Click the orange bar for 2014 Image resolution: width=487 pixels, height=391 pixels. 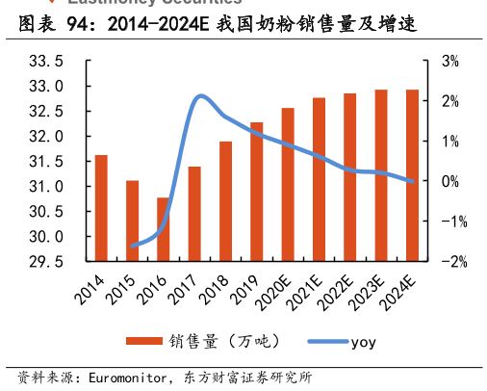click(101, 207)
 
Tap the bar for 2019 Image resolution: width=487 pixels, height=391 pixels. click(257, 192)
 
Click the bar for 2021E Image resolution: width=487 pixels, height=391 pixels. click(319, 179)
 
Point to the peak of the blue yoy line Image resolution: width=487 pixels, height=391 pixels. click(200, 96)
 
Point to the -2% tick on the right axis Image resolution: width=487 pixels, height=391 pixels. click(448, 261)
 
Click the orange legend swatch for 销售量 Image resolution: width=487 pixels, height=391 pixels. click(143, 341)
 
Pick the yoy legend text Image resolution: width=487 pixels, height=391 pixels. click(363, 341)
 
